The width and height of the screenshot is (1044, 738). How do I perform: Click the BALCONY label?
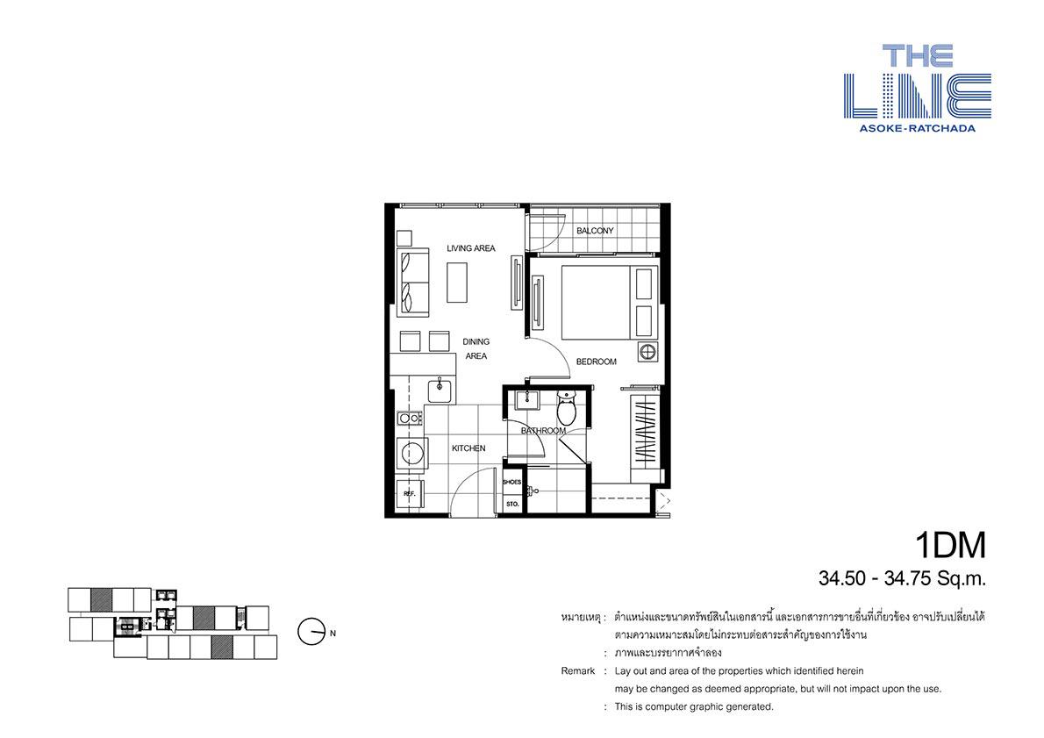pos(595,231)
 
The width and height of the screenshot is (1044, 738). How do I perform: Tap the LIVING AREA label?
pos(471,248)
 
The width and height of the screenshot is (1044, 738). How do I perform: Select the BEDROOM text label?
pos(596,362)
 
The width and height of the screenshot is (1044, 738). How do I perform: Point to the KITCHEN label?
pos(468,448)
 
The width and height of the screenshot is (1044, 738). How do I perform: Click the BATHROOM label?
pos(543,431)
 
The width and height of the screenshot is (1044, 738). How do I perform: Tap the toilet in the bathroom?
pos(566,408)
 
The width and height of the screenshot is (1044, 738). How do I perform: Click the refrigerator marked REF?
pos(410,493)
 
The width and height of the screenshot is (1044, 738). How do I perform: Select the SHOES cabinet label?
pos(512,482)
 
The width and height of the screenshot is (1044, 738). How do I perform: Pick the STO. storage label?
pos(512,505)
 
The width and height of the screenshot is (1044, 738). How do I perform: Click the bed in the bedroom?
pos(595,302)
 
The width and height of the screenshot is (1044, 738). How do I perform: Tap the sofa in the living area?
pos(413,283)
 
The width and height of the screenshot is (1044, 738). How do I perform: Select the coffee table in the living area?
pos(457,283)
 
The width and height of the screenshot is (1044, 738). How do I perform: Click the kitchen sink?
pos(441,390)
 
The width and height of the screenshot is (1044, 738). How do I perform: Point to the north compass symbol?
pos(311,632)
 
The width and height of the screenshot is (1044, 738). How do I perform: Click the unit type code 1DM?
pos(950,546)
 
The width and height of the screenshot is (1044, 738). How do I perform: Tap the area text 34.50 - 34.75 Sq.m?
pos(902,579)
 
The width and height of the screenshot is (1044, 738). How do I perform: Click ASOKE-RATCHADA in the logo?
pos(917,128)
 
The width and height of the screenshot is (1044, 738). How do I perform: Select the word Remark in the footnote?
pos(578,670)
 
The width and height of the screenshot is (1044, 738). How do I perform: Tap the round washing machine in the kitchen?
pos(411,452)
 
